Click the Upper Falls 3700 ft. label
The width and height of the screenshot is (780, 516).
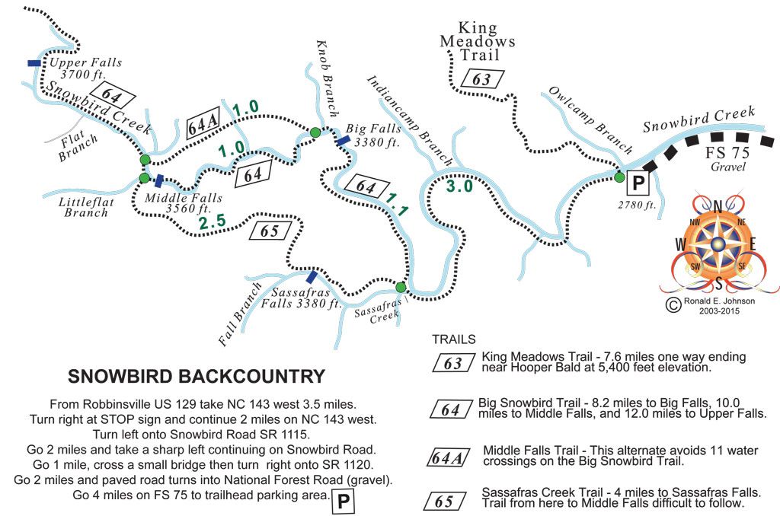click(85, 69)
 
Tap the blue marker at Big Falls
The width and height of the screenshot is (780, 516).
click(343, 140)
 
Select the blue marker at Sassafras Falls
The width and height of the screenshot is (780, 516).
click(312, 276)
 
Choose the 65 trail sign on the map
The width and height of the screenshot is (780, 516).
click(270, 231)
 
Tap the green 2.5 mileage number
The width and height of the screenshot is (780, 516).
click(213, 223)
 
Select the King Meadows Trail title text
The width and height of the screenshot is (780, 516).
click(477, 42)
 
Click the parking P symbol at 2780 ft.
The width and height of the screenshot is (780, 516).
click(636, 183)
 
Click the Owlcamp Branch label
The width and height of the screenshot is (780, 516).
click(590, 120)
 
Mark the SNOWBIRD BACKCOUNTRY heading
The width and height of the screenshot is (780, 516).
click(197, 377)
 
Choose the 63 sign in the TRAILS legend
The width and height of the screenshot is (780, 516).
click(452, 363)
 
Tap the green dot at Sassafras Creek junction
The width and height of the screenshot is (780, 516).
click(401, 287)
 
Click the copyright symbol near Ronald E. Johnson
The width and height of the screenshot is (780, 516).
click(673, 304)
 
